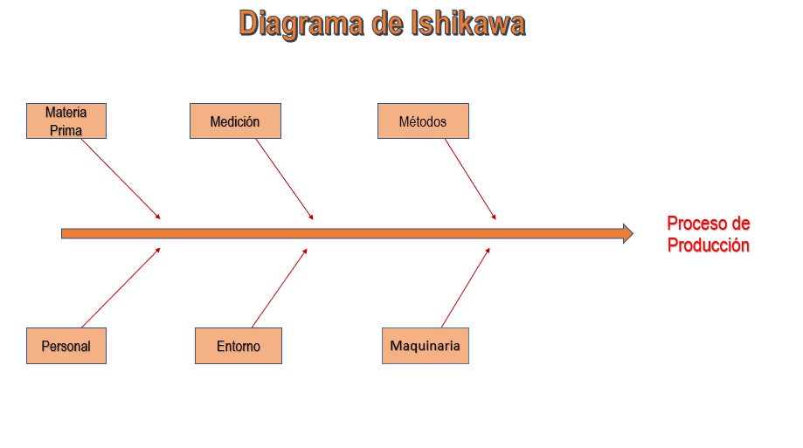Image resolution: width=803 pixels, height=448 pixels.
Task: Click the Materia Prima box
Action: coord(66,121)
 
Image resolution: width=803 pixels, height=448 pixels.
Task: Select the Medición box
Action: coord(235,121)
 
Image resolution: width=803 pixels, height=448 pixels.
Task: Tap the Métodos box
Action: coord(423,121)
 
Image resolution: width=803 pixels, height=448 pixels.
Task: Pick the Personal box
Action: coord(66,346)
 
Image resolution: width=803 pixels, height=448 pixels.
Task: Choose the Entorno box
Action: coord(239,346)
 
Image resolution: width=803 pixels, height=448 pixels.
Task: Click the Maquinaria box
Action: coord(426,346)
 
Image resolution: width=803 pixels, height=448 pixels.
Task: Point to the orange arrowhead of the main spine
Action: coord(627,233)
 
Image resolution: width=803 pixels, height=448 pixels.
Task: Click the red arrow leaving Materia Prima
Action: coord(121,178)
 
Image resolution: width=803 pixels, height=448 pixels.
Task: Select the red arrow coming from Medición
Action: coord(284,178)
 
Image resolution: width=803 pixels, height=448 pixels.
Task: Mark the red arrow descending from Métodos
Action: coord(470,178)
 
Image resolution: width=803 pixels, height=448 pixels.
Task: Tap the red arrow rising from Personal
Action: coord(121,288)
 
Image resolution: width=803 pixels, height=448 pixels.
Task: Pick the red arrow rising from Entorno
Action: coord(280,288)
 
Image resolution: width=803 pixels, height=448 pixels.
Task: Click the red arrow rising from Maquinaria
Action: coord(465,288)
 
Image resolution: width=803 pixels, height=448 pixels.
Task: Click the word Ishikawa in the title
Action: coord(467,23)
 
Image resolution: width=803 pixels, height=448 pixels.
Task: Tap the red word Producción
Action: coord(709,245)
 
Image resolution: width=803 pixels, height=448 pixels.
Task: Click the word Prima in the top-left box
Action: coord(66,130)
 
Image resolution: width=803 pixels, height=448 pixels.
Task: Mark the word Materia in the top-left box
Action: coord(66,113)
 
